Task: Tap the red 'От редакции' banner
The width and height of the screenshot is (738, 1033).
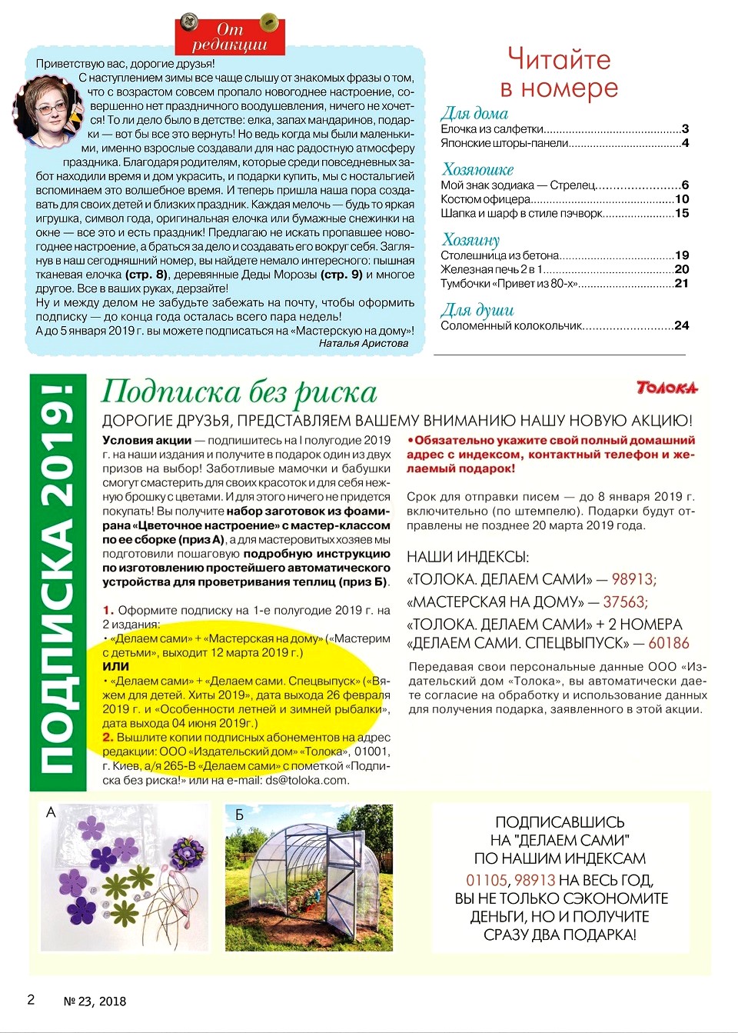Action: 230,37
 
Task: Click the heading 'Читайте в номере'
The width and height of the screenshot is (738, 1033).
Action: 559,74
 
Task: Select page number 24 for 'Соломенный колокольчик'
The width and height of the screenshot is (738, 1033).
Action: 681,325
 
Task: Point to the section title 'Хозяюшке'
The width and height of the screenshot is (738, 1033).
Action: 477,169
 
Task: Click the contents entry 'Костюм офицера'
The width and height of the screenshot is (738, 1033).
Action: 485,199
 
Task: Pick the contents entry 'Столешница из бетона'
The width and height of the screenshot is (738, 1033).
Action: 500,255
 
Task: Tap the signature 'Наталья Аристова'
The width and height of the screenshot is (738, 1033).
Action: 363,343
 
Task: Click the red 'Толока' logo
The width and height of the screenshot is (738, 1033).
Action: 667,387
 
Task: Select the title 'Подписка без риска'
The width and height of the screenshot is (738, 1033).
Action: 239,392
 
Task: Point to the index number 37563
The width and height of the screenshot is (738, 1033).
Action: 625,601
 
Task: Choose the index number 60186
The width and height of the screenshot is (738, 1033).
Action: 669,643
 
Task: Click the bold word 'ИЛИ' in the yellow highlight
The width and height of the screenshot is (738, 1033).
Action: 116,667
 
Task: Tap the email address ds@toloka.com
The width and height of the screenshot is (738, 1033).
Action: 307,780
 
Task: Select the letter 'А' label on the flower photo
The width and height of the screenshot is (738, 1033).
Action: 51,812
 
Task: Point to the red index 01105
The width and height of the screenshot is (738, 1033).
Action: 487,880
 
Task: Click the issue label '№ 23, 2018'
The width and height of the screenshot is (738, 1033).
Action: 95,1001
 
